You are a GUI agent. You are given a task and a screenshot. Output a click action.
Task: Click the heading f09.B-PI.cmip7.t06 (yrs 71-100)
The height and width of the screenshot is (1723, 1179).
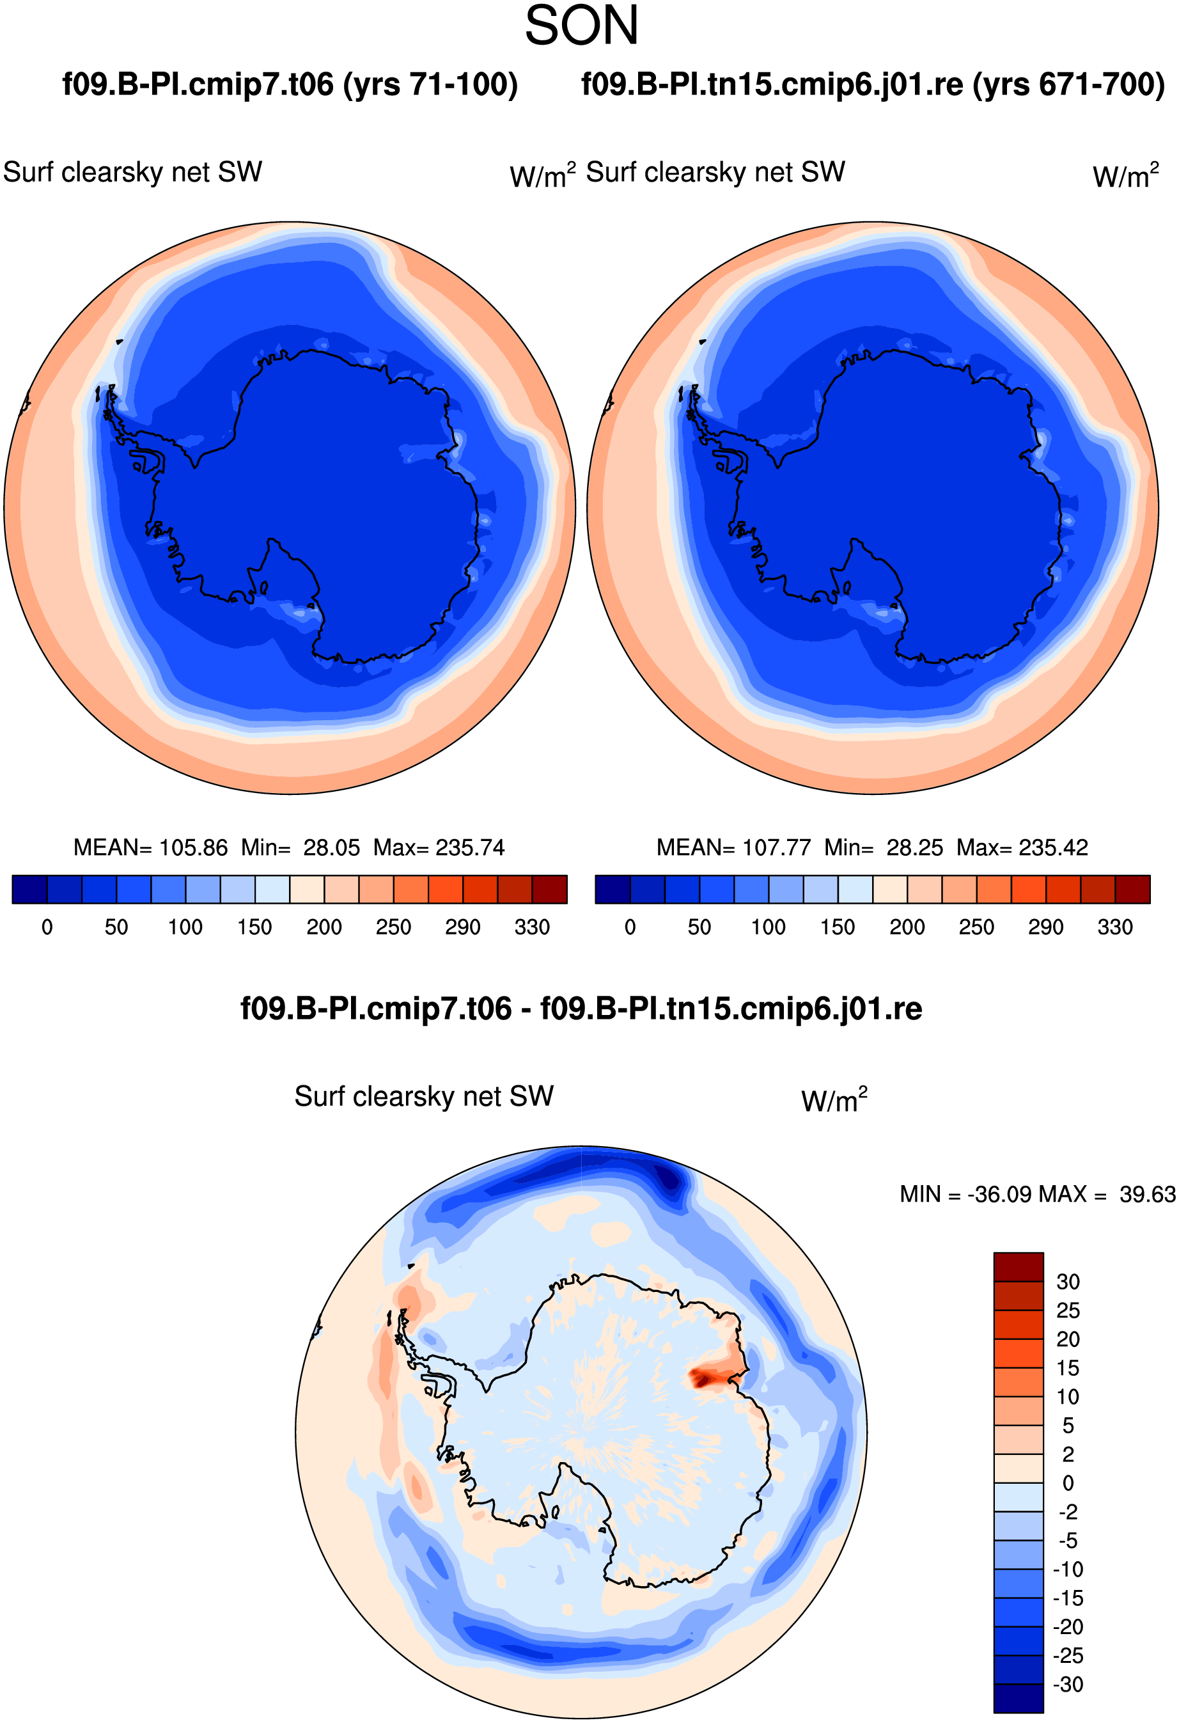[290, 84]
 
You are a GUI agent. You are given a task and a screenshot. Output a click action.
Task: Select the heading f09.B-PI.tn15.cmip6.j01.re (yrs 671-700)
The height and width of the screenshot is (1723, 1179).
[873, 84]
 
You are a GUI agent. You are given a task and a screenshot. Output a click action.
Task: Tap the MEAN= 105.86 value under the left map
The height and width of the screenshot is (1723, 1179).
[150, 847]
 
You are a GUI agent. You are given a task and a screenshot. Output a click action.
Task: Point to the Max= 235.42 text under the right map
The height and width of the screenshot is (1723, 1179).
[1022, 847]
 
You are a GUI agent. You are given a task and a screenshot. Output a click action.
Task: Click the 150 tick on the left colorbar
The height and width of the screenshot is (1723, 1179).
[255, 927]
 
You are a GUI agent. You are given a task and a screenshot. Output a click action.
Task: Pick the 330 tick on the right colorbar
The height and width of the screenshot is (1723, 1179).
[1115, 927]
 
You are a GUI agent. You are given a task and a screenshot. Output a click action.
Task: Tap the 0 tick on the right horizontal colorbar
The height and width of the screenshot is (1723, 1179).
[630, 927]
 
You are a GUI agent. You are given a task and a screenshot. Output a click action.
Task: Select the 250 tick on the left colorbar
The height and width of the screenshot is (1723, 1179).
[393, 927]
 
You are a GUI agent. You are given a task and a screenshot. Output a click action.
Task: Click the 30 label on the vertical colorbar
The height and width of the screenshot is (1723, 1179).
[1068, 1282]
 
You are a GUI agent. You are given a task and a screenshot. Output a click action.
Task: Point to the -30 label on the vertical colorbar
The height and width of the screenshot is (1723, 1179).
[1068, 1685]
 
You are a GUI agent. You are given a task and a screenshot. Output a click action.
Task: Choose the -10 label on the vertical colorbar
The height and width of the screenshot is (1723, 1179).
[1068, 1570]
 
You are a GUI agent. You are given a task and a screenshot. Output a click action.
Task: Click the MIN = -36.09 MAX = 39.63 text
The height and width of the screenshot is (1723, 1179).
[1038, 1194]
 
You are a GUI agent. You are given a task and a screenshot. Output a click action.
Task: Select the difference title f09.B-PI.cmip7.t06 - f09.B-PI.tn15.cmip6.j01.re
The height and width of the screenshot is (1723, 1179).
[582, 1009]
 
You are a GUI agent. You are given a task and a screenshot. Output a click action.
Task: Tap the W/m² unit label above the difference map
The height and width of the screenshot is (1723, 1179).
[834, 1099]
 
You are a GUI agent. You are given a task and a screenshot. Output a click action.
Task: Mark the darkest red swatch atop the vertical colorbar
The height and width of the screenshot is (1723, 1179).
[1019, 1267]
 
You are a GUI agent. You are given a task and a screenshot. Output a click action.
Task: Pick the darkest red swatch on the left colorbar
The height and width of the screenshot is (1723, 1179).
[550, 890]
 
